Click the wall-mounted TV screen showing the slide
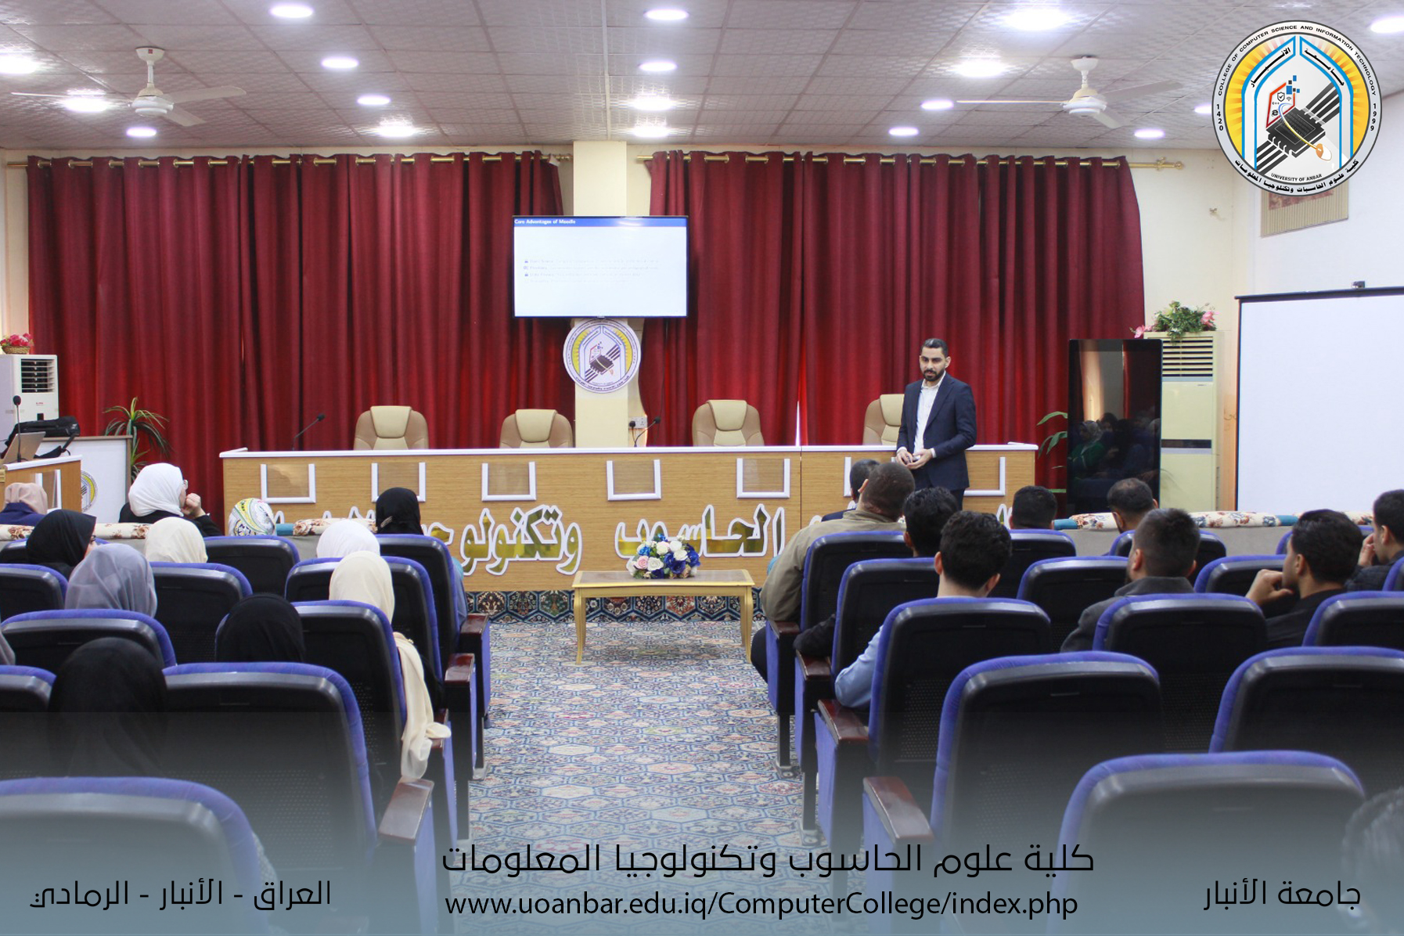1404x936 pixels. tap(600, 267)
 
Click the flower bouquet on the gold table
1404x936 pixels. tap(664, 556)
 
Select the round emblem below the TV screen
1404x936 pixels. tap(601, 355)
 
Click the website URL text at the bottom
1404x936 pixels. tap(761, 905)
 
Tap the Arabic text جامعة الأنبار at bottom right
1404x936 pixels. tap(1282, 895)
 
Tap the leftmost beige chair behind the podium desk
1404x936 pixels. tap(391, 428)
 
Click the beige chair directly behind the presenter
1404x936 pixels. tap(884, 420)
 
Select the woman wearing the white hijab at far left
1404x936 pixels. tap(157, 492)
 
